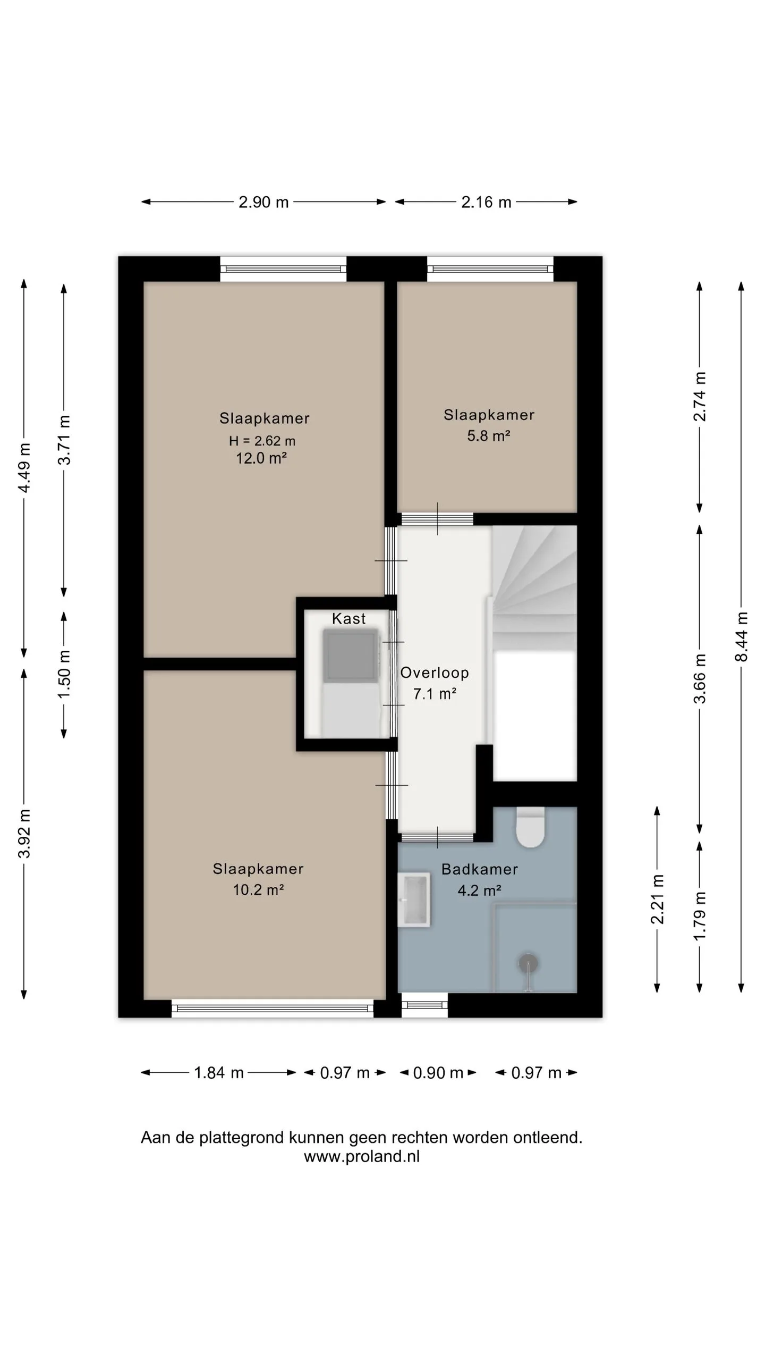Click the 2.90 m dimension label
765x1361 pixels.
[263, 202]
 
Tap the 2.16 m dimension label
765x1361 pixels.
[486, 202]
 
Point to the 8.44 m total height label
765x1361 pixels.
[741, 637]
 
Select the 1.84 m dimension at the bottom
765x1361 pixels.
[218, 1072]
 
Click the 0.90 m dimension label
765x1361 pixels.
[438, 1072]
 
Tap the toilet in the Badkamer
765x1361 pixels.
[531, 827]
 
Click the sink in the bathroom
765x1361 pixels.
[414, 899]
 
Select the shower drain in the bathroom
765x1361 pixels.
[528, 962]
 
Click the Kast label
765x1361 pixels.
[349, 618]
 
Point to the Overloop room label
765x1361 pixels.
[435, 673]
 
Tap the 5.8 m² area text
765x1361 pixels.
[489, 436]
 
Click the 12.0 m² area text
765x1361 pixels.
[261, 458]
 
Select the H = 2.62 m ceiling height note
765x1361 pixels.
[262, 441]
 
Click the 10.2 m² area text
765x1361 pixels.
[258, 889]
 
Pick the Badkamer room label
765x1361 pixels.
[480, 869]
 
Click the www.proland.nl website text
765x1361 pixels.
[362, 1156]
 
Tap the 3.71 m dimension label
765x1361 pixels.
[64, 440]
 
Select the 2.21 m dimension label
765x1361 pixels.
[657, 900]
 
